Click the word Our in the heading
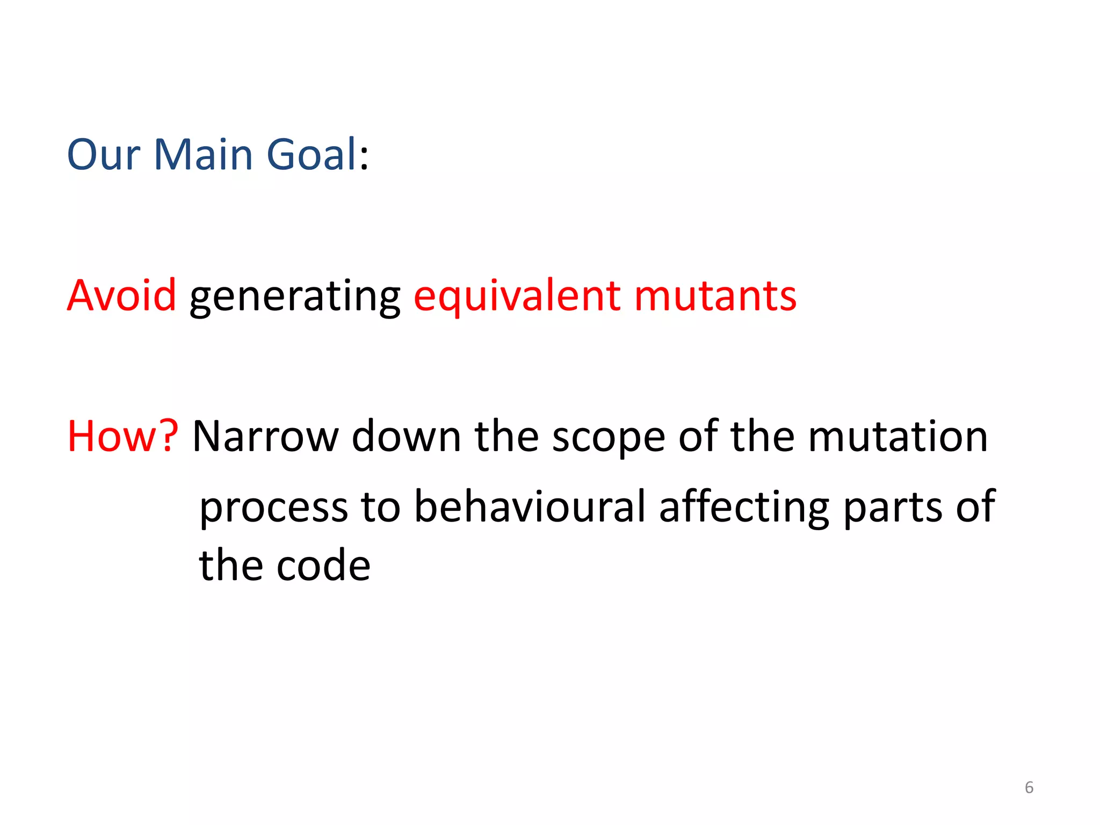(x=103, y=155)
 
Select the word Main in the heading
(x=203, y=155)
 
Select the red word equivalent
(x=517, y=296)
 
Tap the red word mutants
(x=715, y=295)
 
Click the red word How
(x=111, y=436)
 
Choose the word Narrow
(x=265, y=436)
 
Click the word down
(x=406, y=436)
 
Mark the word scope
(x=609, y=438)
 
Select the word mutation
(x=898, y=436)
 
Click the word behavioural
(x=530, y=506)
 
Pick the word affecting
(x=744, y=507)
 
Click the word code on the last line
(x=323, y=566)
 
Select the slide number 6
(x=1029, y=787)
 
